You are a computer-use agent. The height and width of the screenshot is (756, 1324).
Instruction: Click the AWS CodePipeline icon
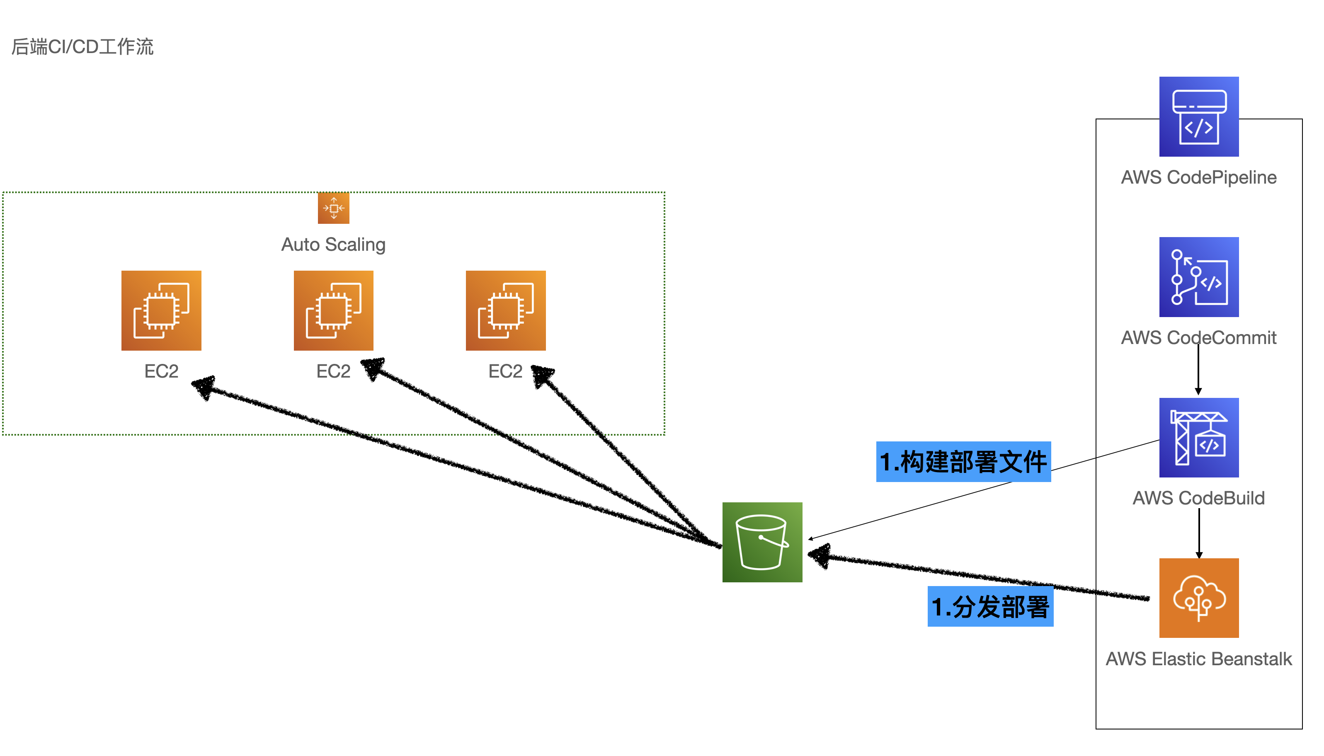point(1198,117)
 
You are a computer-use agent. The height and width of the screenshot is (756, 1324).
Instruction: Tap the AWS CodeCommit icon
point(1198,277)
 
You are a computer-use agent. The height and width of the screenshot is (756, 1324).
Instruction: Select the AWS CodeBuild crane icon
point(1198,437)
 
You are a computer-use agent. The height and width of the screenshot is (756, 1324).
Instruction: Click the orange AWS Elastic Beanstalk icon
point(1198,598)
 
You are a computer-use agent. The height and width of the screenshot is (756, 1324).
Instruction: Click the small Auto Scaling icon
point(333,208)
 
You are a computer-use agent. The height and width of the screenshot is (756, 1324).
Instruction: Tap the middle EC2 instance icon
point(333,310)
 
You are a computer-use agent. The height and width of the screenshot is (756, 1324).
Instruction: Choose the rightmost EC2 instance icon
point(505,310)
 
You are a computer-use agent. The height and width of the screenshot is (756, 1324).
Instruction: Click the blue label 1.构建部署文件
point(963,462)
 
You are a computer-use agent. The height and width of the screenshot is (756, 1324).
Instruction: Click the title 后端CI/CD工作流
point(82,47)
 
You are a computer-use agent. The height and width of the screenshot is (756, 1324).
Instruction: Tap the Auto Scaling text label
point(333,244)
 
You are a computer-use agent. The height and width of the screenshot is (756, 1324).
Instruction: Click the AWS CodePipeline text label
point(1198,177)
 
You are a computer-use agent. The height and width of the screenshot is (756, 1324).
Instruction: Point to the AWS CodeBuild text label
point(1198,498)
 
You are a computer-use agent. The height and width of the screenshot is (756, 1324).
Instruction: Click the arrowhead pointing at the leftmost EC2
point(204,386)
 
